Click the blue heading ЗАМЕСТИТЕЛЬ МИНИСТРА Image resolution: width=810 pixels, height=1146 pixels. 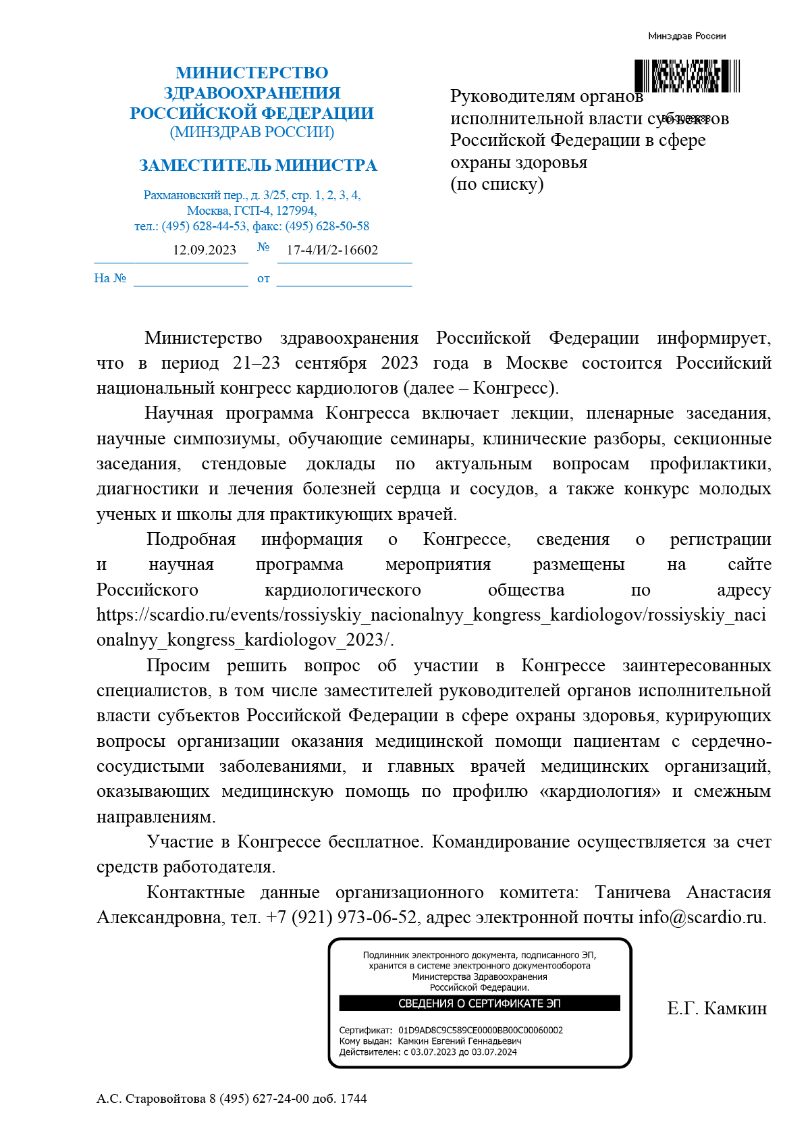(258, 165)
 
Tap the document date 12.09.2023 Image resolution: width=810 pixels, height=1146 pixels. (205, 251)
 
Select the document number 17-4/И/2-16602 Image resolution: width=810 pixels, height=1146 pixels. (332, 251)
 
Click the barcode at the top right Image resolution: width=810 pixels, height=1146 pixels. (687, 76)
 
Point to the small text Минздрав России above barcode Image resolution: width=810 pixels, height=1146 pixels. (686, 36)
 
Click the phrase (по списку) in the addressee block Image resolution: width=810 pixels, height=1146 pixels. (497, 184)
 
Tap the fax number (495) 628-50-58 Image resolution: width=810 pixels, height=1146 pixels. (327, 226)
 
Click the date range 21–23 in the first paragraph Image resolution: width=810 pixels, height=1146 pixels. (256, 363)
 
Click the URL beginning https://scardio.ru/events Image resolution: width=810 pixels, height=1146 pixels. (431, 615)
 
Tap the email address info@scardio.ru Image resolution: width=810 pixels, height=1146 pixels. (701, 918)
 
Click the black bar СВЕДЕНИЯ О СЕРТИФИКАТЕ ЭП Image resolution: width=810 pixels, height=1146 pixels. (479, 1004)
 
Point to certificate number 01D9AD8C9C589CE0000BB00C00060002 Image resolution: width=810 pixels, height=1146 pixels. (481, 1031)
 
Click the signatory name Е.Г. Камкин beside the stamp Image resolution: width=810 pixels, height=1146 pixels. (717, 1009)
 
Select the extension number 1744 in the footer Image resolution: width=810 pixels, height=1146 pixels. (353, 1099)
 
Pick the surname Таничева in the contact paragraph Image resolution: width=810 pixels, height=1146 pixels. (632, 893)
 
